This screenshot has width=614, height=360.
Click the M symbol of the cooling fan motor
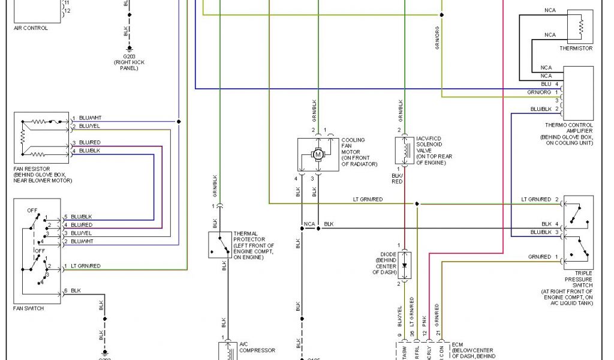318,155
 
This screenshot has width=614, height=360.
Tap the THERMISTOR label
576,49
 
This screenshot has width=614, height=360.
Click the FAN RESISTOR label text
32,169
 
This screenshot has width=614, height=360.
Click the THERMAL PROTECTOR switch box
220,245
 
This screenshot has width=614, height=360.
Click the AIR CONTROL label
31,28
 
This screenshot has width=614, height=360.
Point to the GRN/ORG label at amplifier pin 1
539,92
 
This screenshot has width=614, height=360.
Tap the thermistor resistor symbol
580,26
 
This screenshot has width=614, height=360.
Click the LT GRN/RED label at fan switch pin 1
86,266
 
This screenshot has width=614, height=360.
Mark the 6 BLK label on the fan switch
73,290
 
